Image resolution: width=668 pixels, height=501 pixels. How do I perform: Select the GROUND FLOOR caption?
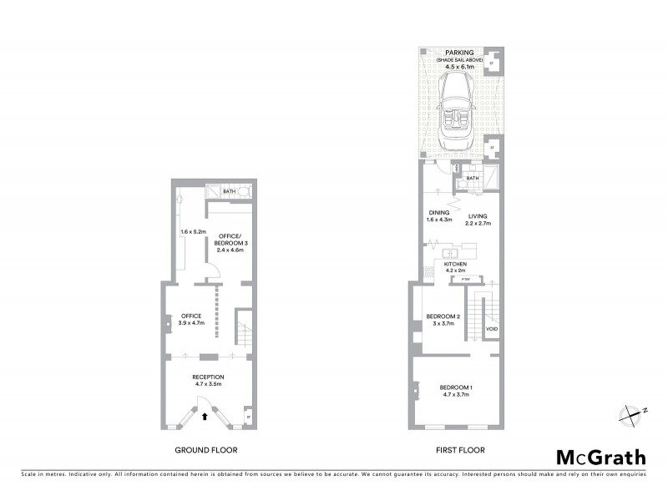point(205,450)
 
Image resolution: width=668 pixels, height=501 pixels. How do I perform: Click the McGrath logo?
point(600,457)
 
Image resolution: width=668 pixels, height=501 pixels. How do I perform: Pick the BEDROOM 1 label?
point(456,387)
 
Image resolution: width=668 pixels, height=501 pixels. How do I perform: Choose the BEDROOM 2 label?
point(443,316)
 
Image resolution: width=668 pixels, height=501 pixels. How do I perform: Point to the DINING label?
point(438,213)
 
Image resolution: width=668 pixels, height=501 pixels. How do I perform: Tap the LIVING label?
point(478,217)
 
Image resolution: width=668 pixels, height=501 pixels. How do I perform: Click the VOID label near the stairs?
point(492,331)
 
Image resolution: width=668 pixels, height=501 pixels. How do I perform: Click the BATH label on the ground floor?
point(228,191)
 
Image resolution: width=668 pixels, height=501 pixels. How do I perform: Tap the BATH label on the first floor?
point(473,178)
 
